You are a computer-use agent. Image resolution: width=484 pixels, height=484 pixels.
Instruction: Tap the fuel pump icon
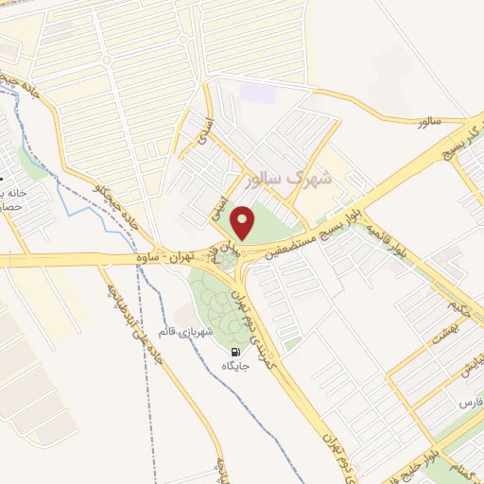234,352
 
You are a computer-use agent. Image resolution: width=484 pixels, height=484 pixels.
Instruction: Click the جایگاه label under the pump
234,366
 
